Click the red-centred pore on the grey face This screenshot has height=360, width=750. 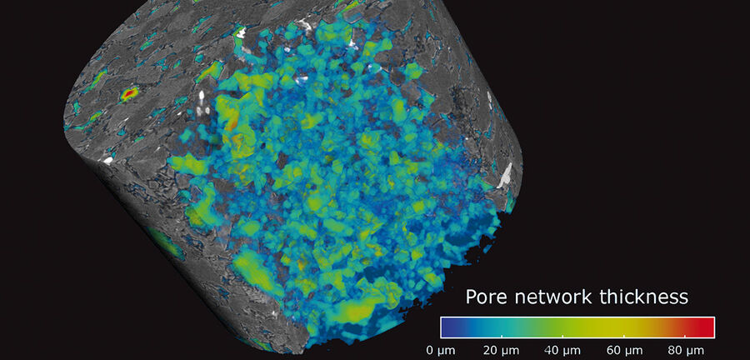click(129, 94)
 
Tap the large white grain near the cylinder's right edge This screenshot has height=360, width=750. click(505, 175)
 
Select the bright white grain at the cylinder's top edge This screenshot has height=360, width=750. click(241, 32)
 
